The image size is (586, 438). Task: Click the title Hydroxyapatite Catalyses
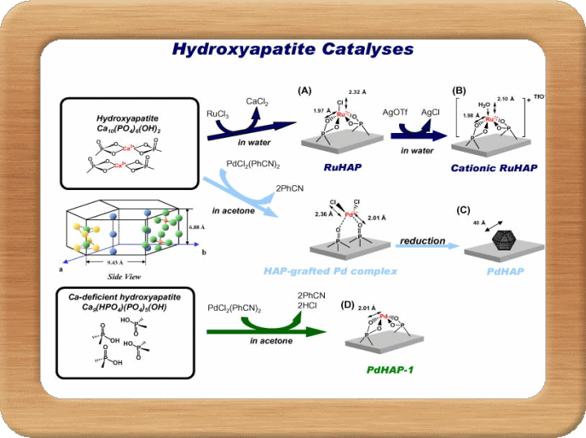point(292,49)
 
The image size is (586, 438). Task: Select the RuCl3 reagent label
point(218,113)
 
